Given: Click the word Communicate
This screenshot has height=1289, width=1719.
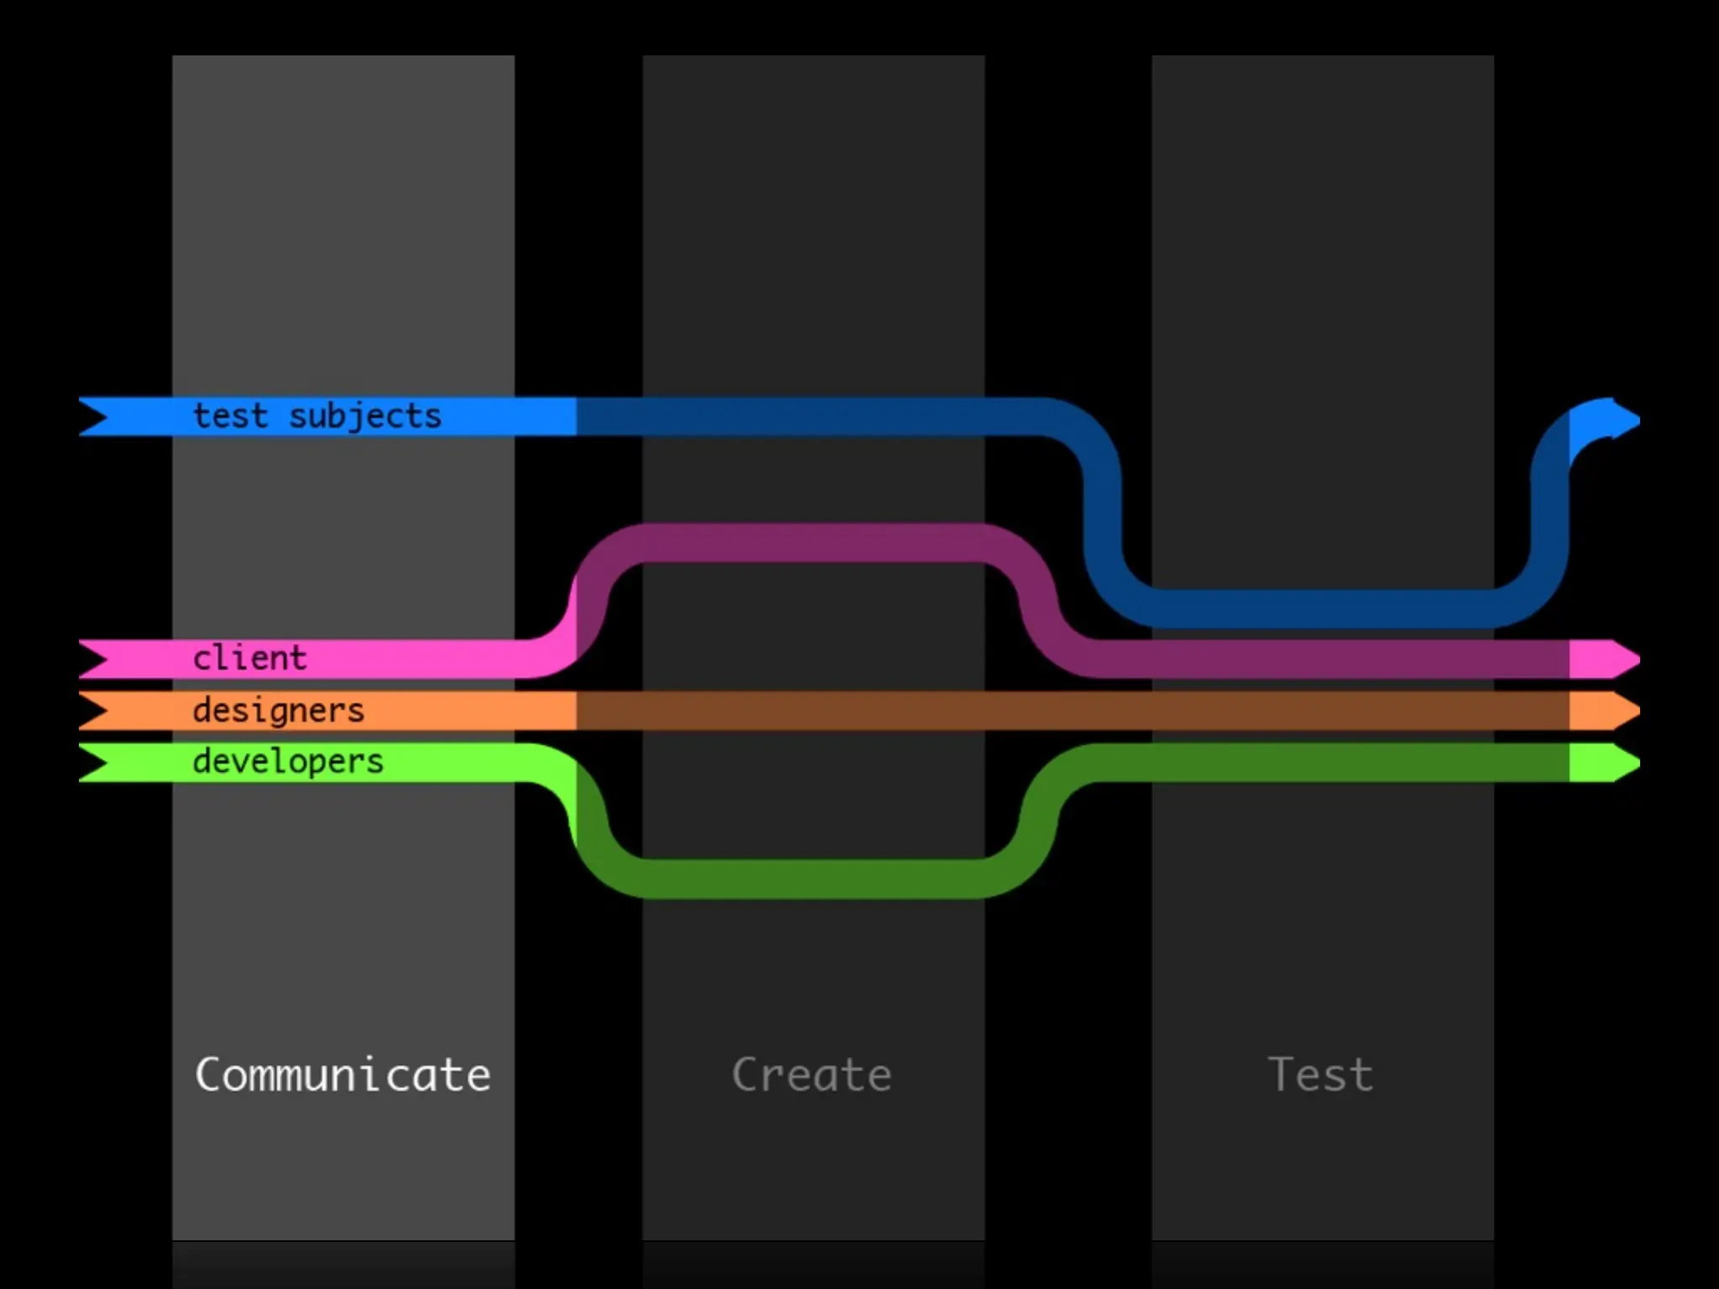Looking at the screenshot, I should (342, 1075).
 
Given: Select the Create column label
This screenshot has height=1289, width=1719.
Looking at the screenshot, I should (812, 1075).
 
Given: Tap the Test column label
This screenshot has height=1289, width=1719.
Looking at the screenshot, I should (1320, 1075).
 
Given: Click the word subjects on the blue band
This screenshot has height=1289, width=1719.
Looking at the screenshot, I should (365, 416).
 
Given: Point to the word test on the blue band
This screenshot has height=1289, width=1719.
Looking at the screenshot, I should (231, 416).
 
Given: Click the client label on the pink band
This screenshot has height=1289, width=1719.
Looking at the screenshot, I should (250, 658).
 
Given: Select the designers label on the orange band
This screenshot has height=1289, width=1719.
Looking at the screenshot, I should (279, 711).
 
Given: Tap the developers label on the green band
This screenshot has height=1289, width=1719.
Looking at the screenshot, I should (288, 762).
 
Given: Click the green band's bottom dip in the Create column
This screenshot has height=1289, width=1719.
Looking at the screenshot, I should (812, 879).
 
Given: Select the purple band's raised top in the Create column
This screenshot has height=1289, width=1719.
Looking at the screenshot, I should (812, 543).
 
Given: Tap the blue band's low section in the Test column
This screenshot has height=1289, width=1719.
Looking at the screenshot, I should (1322, 608).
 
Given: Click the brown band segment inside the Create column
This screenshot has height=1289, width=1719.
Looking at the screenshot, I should (812, 711).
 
